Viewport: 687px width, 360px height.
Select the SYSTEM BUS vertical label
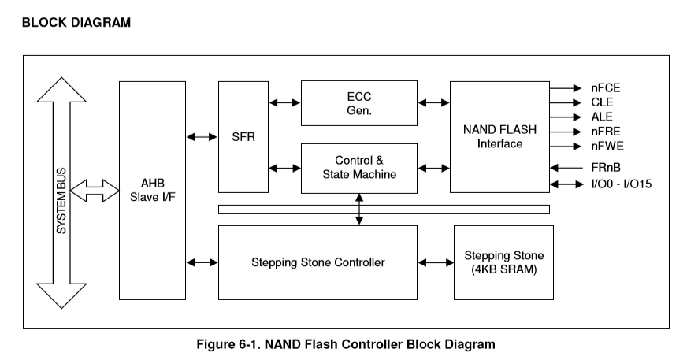(61, 194)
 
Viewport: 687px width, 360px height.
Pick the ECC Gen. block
(359, 102)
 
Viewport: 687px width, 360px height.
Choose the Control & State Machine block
(359, 167)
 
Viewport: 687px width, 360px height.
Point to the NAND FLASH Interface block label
(499, 136)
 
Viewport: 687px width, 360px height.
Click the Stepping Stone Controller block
(318, 262)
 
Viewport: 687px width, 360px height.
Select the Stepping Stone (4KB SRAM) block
(503, 262)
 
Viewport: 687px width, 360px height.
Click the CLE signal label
(603, 102)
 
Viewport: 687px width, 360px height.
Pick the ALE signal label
(602, 117)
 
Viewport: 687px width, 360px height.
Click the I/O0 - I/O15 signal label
(621, 184)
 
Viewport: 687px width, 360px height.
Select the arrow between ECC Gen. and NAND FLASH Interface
(433, 102)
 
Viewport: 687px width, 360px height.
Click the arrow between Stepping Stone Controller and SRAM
(436, 262)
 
